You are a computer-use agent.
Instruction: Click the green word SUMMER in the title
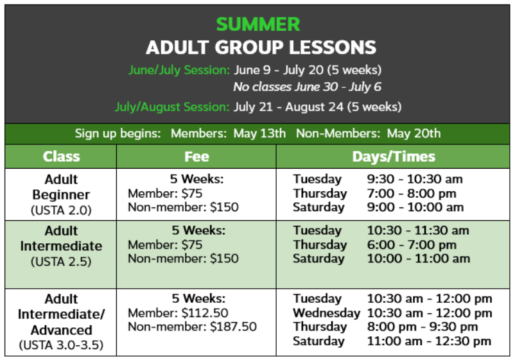[258, 24]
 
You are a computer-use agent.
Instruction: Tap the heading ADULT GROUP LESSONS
[261, 47]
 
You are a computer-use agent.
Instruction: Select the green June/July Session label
[179, 70]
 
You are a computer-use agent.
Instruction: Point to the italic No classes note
[307, 87]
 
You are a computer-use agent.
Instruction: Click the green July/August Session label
[172, 107]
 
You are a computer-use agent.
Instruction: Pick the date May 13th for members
[259, 133]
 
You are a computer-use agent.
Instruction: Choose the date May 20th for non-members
[414, 133]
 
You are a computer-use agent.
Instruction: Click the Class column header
[62, 157]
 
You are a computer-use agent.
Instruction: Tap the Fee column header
[196, 157]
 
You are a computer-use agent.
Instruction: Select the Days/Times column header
[394, 157]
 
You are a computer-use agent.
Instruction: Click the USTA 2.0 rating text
[61, 210]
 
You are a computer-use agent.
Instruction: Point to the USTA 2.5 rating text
[61, 262]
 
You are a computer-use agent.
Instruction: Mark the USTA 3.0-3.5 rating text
[61, 345]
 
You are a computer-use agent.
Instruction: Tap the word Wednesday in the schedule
[326, 313]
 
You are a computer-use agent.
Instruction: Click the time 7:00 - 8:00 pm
[412, 194]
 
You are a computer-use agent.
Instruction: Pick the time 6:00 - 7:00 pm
[412, 245]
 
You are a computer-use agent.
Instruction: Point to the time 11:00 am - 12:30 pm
[429, 341]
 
